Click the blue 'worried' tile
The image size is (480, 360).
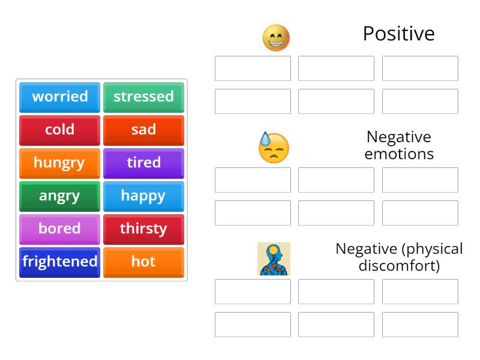59,97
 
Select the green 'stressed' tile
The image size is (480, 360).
143,97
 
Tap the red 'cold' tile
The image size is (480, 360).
59,130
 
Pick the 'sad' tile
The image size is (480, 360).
143,130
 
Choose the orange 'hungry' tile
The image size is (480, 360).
59,163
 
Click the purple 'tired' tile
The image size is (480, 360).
143,163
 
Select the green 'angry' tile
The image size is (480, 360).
59,196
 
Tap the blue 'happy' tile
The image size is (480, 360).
143,196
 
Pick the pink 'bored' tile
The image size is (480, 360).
59,229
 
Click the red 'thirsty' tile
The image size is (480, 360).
143,229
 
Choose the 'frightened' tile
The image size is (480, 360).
59,262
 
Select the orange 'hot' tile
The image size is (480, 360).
143,262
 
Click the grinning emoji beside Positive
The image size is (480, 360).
276,38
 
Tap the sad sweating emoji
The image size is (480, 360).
274,148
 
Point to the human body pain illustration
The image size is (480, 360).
274,259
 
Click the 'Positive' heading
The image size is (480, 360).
398,34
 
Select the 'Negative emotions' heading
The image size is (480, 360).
399,145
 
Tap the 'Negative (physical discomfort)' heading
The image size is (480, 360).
399,257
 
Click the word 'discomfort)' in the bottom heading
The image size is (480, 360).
399,265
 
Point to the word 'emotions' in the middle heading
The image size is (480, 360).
399,154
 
